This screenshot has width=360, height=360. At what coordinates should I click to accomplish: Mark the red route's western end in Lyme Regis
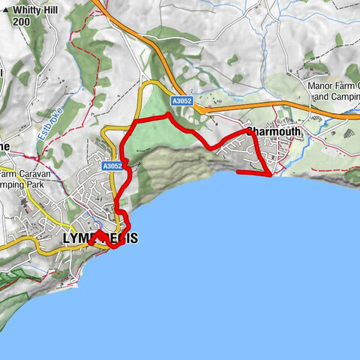(89, 243)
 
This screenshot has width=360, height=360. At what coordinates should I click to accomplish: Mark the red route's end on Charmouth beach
(238, 172)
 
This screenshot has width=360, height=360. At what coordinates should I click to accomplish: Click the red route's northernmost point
(168, 115)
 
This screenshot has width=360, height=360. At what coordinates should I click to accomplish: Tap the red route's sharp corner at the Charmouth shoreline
(270, 176)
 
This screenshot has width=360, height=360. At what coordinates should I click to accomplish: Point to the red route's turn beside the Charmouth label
(247, 131)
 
